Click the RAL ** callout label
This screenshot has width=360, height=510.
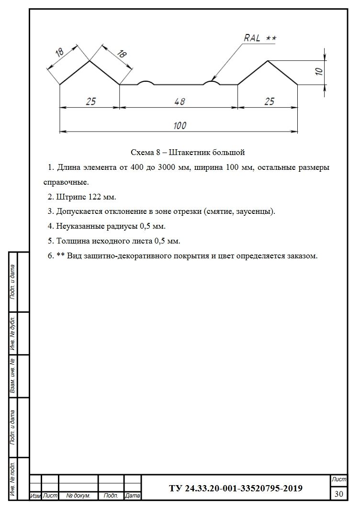tap(260, 38)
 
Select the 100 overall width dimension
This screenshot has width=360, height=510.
tap(180, 125)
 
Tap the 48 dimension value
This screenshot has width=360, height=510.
tap(180, 101)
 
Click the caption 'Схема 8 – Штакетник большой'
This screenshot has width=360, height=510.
tap(188, 153)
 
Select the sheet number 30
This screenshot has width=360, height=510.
tap(339, 494)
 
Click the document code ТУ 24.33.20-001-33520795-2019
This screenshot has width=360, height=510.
tap(236, 488)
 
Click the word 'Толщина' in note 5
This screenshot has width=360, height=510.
tap(70, 241)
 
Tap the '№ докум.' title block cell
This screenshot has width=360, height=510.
tap(78, 496)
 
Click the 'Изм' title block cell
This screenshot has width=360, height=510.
tap(35, 496)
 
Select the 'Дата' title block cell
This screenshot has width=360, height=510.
tap(132, 496)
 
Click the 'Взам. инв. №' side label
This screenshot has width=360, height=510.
tap(13, 376)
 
